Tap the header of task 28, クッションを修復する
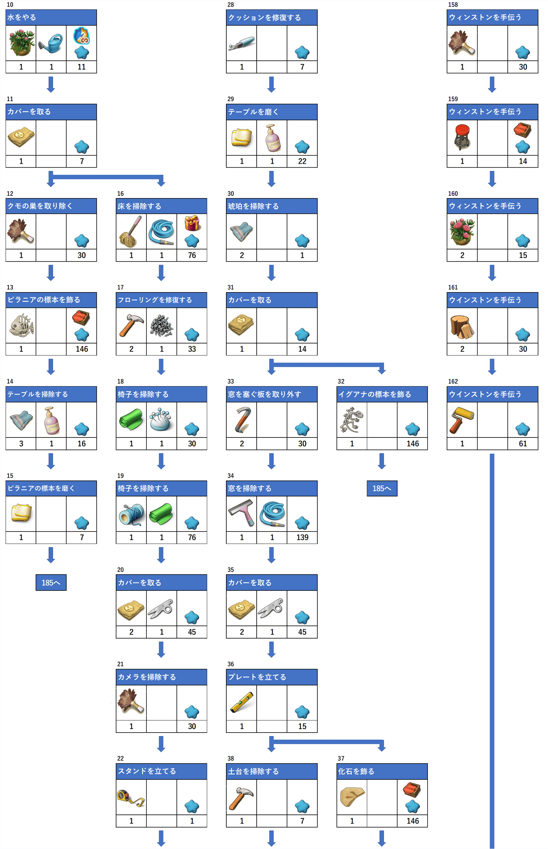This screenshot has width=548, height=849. point(271,17)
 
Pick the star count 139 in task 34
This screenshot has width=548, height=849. point(302,537)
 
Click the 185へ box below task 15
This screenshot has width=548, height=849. point(51,582)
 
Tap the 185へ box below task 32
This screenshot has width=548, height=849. point(382,488)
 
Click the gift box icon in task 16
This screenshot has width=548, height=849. point(192,223)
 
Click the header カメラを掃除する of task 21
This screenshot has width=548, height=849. point(161,677)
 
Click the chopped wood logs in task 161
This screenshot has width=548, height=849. point(462,326)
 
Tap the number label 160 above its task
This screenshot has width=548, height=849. point(453,193)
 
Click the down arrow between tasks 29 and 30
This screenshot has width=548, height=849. point(271,179)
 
